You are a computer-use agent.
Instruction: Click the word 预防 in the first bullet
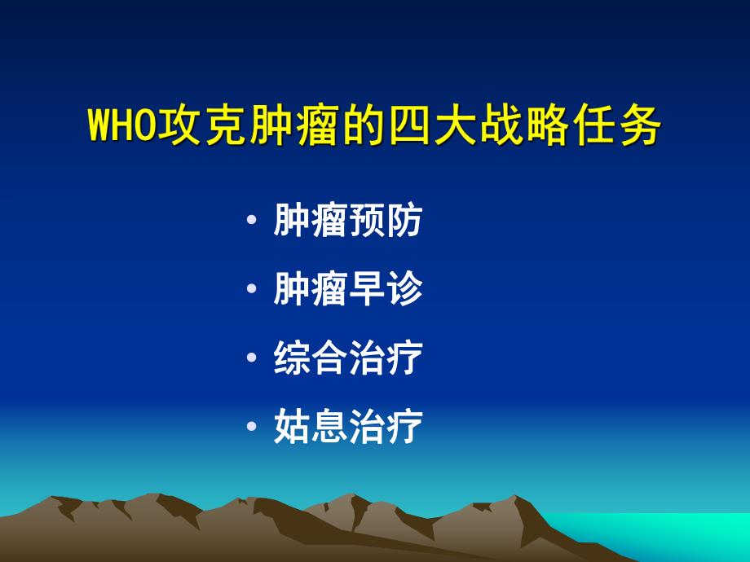[386, 221]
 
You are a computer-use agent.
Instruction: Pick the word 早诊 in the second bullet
[386, 289]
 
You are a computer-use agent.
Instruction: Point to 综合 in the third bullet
[311, 358]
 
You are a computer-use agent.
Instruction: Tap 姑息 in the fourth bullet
[311, 428]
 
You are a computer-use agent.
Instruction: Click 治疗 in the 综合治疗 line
[386, 358]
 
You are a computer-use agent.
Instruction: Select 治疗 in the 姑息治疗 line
[386, 428]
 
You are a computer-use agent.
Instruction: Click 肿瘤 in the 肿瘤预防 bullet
[311, 221]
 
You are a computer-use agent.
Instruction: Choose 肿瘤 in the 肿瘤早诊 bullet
[311, 289]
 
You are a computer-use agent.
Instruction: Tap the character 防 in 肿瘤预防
[404, 221]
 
